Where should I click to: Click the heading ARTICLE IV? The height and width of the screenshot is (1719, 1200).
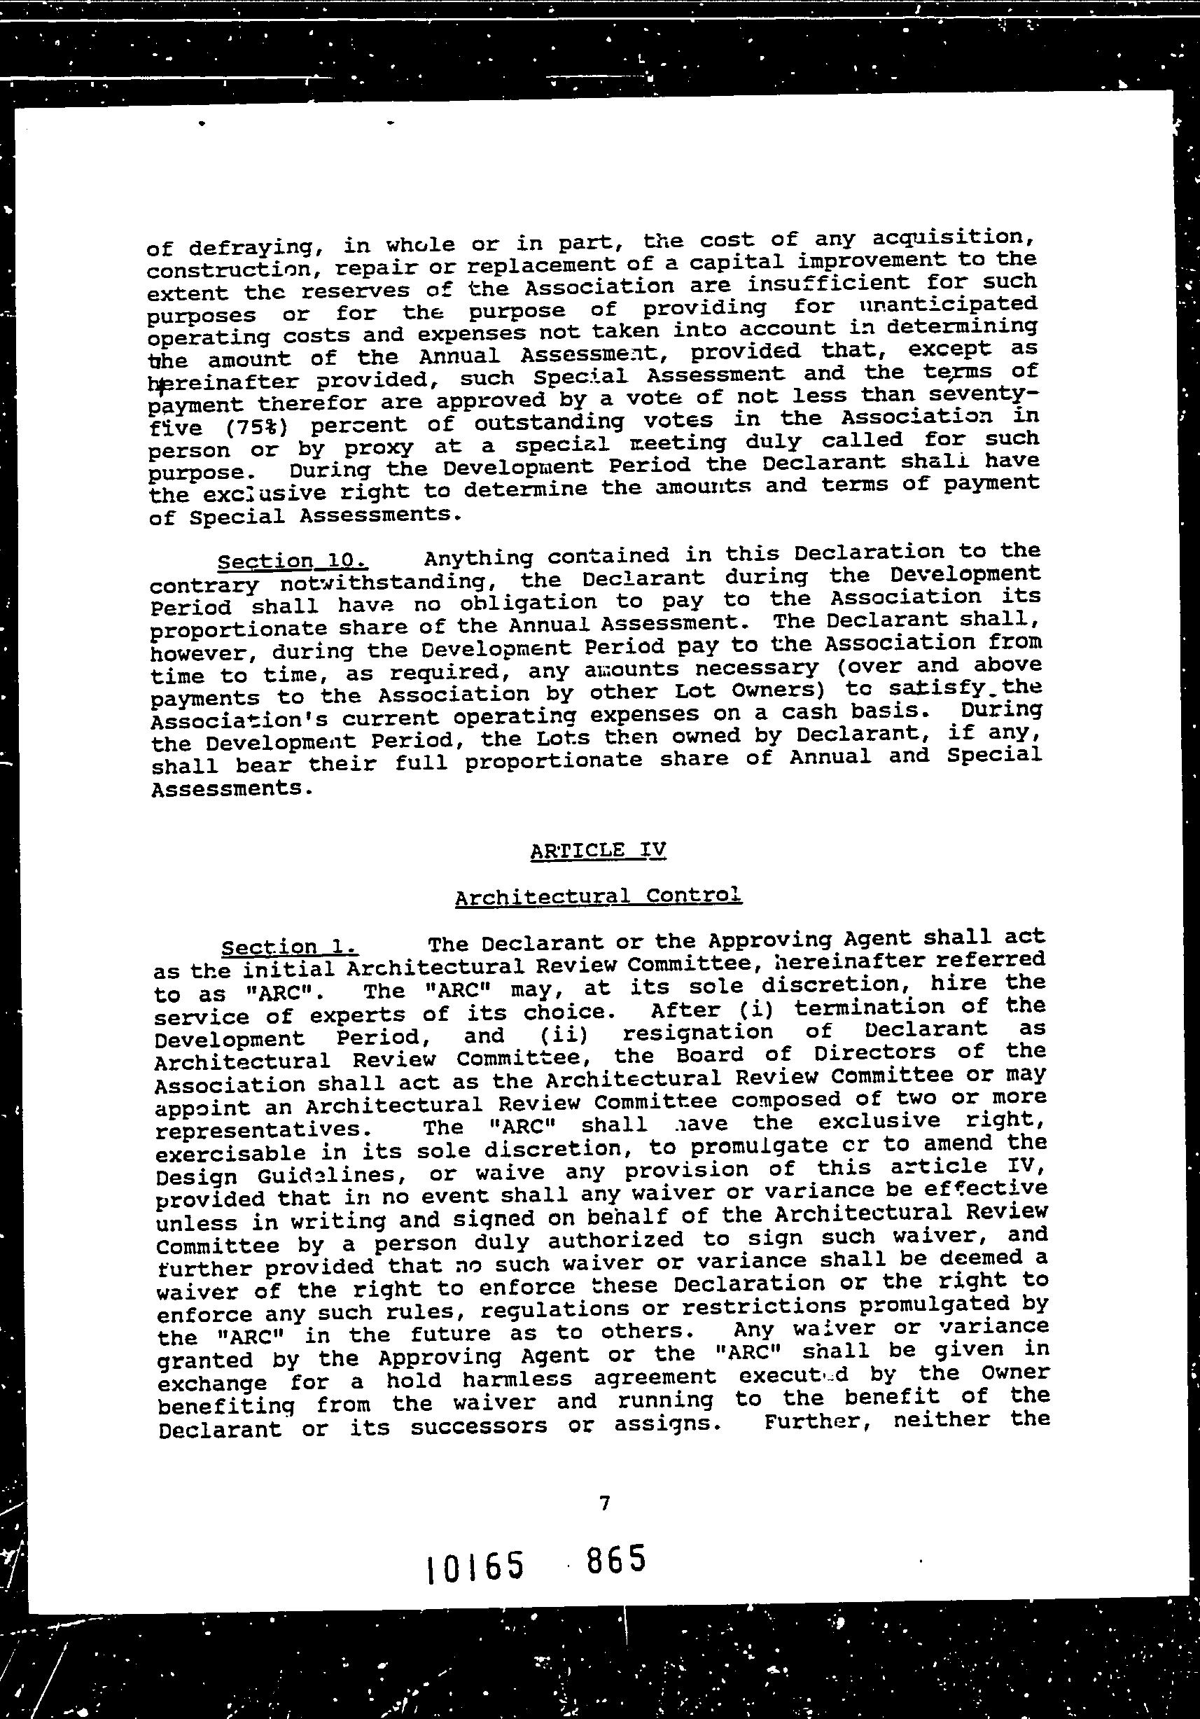pos(597,851)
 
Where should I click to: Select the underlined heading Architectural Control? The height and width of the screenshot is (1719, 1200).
pos(598,896)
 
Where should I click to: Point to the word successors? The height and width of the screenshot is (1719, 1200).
pos(478,1427)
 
